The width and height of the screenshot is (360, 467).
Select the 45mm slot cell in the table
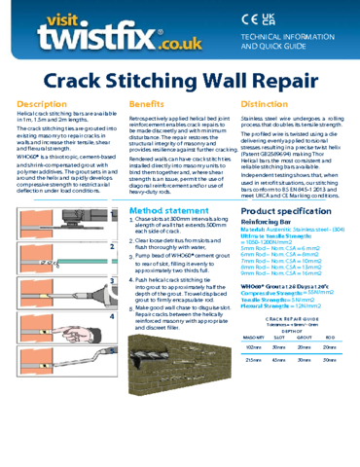coord(280,360)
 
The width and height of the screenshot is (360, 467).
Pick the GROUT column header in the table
coord(306,340)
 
